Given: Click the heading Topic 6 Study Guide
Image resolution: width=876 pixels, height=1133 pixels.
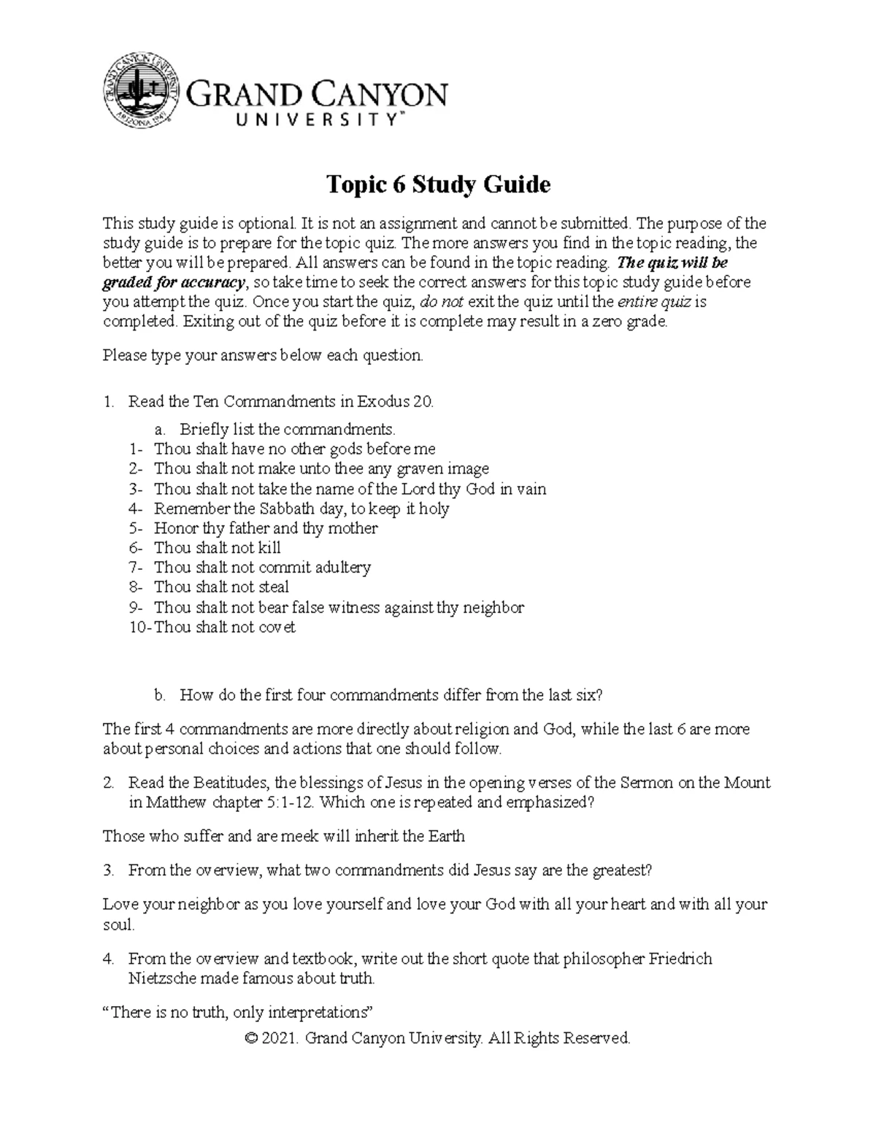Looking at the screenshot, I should pyautogui.click(x=437, y=185).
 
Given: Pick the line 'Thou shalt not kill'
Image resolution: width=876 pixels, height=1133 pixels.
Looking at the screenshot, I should pyautogui.click(x=217, y=548).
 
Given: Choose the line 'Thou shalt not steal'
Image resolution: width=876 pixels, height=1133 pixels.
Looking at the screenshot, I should pyautogui.click(x=221, y=587).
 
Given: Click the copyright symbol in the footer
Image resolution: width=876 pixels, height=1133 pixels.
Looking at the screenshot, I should pyautogui.click(x=253, y=1038).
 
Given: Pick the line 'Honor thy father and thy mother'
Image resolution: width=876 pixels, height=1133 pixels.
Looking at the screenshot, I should pyautogui.click(x=266, y=528).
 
